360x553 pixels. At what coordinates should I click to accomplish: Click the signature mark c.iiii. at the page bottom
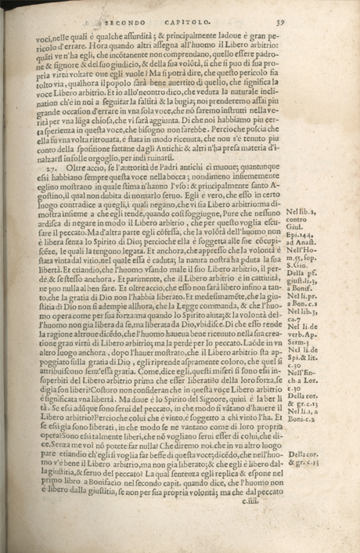pyautogui.click(x=246, y=534)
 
